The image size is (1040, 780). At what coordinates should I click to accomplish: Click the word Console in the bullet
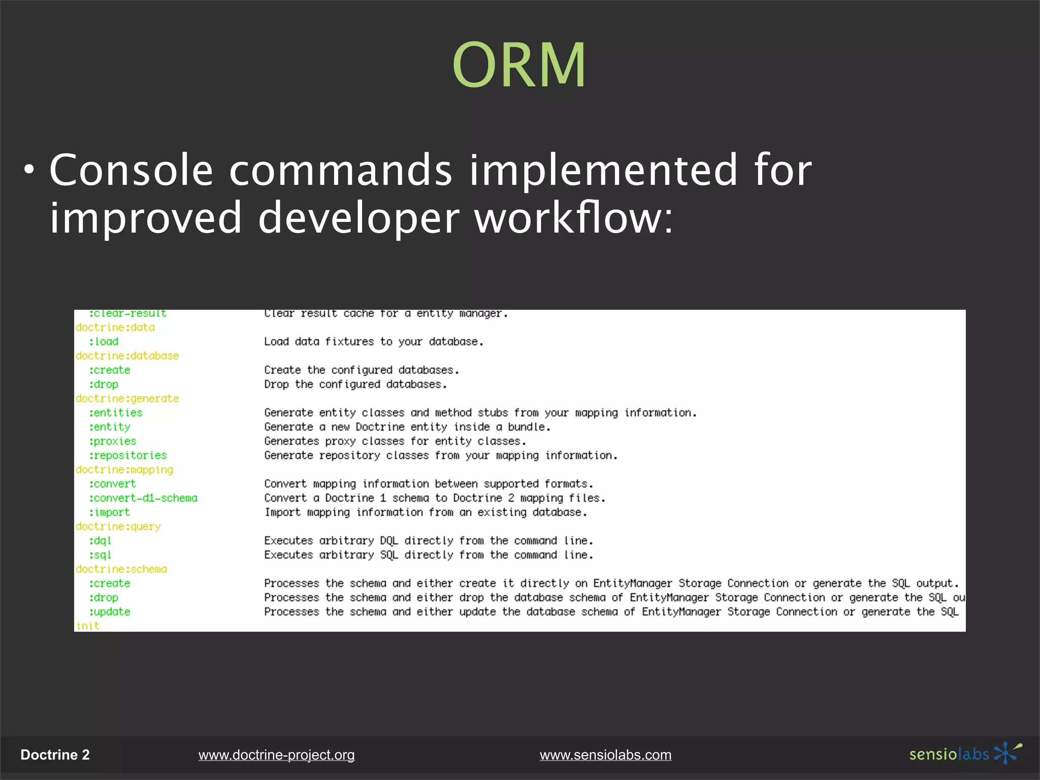click(x=131, y=170)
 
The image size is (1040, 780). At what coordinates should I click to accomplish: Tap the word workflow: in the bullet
click(x=574, y=217)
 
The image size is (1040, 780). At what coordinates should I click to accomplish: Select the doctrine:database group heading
click(x=127, y=356)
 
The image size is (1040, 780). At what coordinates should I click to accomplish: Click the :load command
click(x=104, y=342)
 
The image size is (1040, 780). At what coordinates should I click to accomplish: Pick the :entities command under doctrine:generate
click(x=116, y=413)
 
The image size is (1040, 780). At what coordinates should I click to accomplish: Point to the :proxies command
click(x=113, y=441)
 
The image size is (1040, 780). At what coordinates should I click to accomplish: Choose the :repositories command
click(x=128, y=456)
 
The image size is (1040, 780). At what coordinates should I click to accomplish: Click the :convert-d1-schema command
click(x=143, y=498)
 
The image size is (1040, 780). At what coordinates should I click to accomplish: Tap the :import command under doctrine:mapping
click(x=110, y=512)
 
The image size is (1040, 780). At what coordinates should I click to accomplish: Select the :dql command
click(x=100, y=541)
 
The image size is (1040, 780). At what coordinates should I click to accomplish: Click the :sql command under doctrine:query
click(x=100, y=555)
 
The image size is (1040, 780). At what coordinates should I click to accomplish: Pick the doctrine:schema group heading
click(x=121, y=569)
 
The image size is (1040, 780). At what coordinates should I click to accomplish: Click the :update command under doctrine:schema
click(x=110, y=612)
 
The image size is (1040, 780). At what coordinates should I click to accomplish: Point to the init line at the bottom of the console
click(x=88, y=626)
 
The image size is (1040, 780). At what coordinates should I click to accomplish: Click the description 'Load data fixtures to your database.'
click(x=373, y=342)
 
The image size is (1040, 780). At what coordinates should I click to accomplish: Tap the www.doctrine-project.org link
click(x=276, y=755)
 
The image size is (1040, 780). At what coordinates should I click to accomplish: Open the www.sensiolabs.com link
click(x=605, y=755)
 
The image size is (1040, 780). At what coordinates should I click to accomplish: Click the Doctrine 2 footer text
click(x=55, y=755)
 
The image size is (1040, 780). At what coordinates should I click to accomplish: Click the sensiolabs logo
click(x=965, y=754)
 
